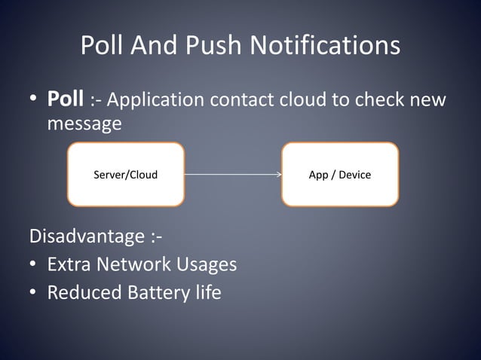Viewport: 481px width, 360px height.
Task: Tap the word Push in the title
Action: [x=216, y=46]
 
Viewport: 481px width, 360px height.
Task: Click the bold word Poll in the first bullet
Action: [x=65, y=99]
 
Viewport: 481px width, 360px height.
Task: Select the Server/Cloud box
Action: [x=125, y=175]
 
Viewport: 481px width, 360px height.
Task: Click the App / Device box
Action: [x=340, y=175]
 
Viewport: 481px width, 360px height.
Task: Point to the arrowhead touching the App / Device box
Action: [x=277, y=175]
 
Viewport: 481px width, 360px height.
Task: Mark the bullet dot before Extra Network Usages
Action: [x=35, y=265]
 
